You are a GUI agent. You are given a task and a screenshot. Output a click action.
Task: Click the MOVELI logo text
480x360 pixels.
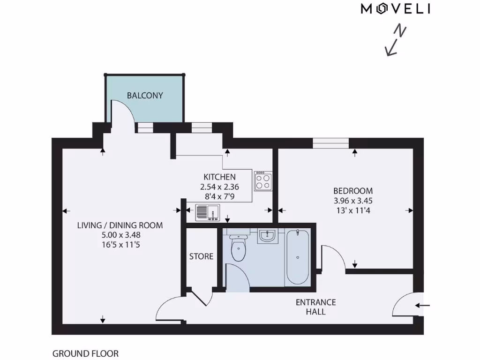point(395,9)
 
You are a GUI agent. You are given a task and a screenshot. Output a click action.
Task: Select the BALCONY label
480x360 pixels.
point(145,96)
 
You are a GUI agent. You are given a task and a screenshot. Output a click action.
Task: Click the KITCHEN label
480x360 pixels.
point(219,177)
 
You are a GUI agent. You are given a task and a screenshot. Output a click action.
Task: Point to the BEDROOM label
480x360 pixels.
point(353,191)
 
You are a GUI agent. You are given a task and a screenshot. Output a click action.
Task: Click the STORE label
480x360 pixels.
point(201,256)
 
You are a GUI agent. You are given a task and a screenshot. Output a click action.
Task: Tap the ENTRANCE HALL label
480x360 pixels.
point(315,307)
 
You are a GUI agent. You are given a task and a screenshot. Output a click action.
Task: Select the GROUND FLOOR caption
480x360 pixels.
point(85,353)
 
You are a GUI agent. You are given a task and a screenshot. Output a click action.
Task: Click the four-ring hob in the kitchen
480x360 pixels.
point(263,181)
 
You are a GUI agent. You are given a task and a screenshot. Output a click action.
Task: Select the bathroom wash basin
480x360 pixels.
point(268,236)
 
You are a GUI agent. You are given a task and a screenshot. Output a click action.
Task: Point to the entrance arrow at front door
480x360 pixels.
point(422,306)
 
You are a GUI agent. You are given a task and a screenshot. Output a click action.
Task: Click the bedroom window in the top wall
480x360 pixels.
point(331,142)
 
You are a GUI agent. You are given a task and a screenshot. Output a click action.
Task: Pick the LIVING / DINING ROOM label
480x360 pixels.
point(120,225)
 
